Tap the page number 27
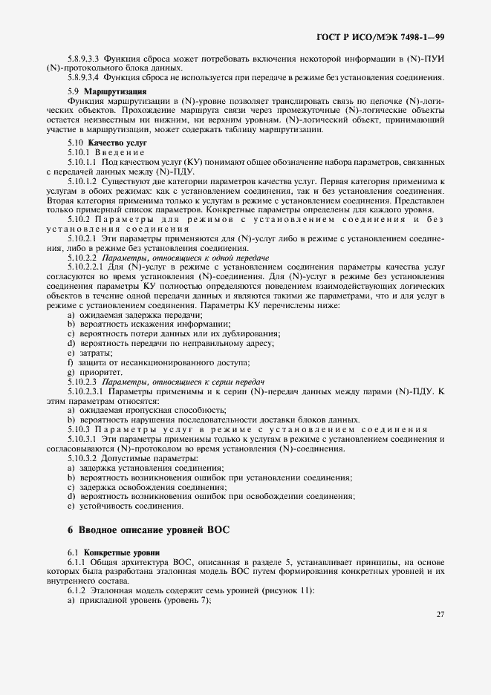tap(440, 614)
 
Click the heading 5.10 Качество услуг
tap(97, 141)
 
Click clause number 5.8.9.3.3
tap(83, 58)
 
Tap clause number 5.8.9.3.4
tap(83, 76)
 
